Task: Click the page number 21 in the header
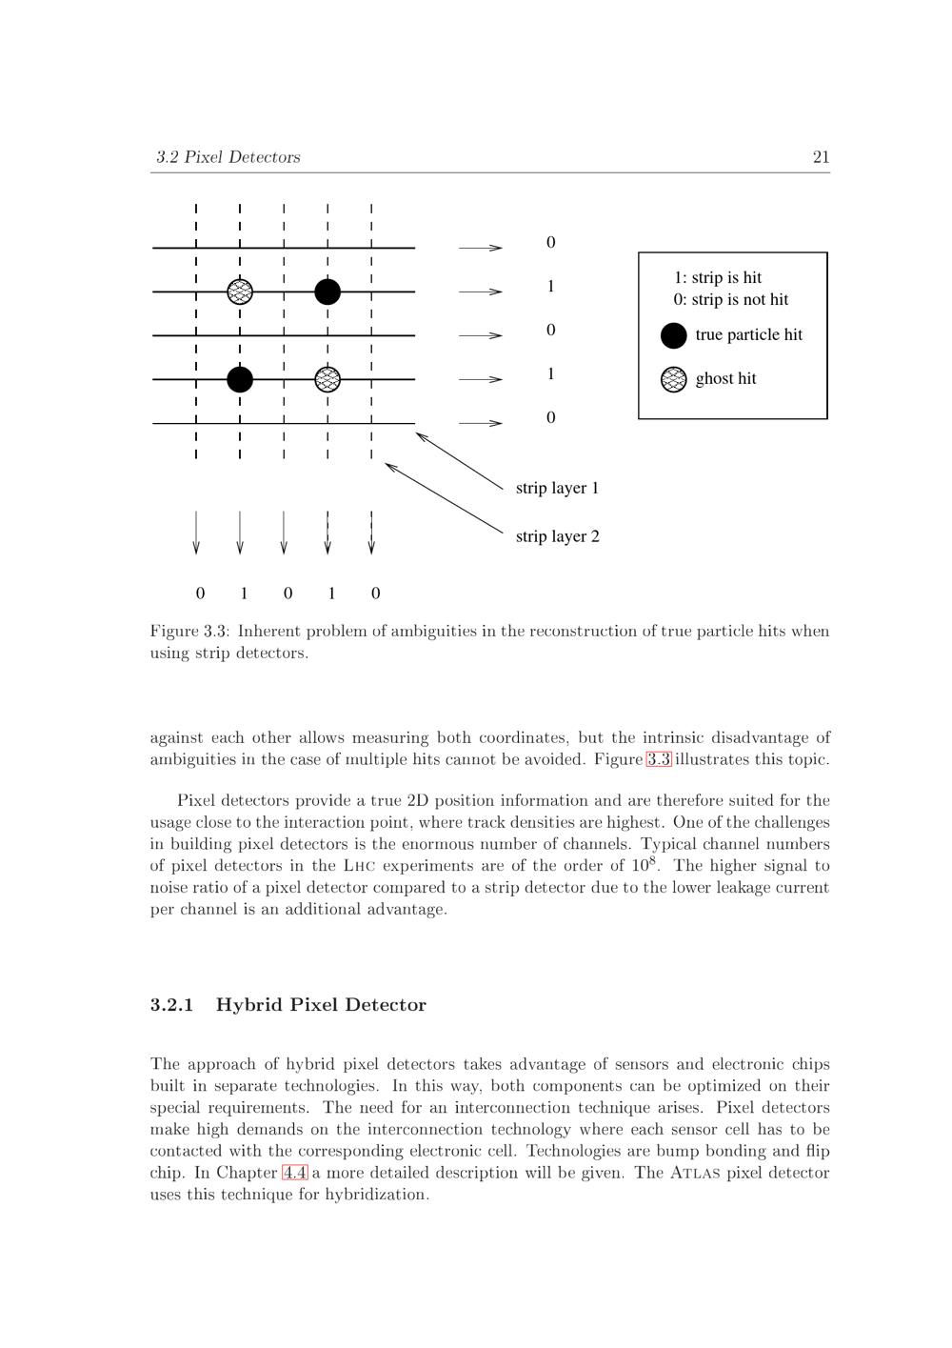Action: point(821,157)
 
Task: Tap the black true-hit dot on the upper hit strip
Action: point(327,292)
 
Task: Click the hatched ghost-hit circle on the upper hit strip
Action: point(240,292)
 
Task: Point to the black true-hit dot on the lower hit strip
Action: point(240,379)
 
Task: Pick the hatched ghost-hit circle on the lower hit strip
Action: point(327,379)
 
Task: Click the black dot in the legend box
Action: point(673,335)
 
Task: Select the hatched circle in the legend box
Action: point(673,379)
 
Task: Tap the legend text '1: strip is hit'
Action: point(718,277)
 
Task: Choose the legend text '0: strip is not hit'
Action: point(731,299)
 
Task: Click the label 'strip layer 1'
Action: point(557,488)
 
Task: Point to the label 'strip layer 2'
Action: point(557,536)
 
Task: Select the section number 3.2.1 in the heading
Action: point(171,1005)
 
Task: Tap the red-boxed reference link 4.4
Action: point(295,1173)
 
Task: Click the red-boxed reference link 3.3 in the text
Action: point(659,759)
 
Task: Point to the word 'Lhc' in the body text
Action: point(363,866)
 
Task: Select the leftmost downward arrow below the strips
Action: point(196,533)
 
